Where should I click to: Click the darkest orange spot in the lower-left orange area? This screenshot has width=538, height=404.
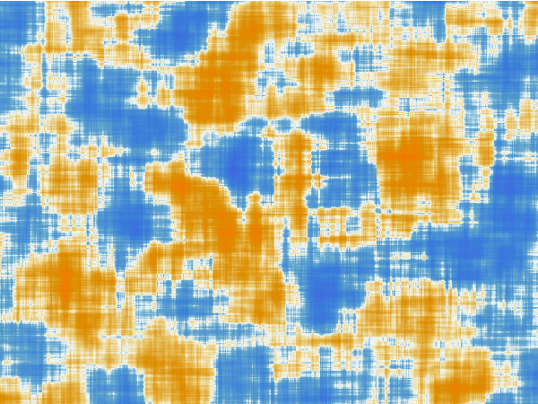tap(63, 283)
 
